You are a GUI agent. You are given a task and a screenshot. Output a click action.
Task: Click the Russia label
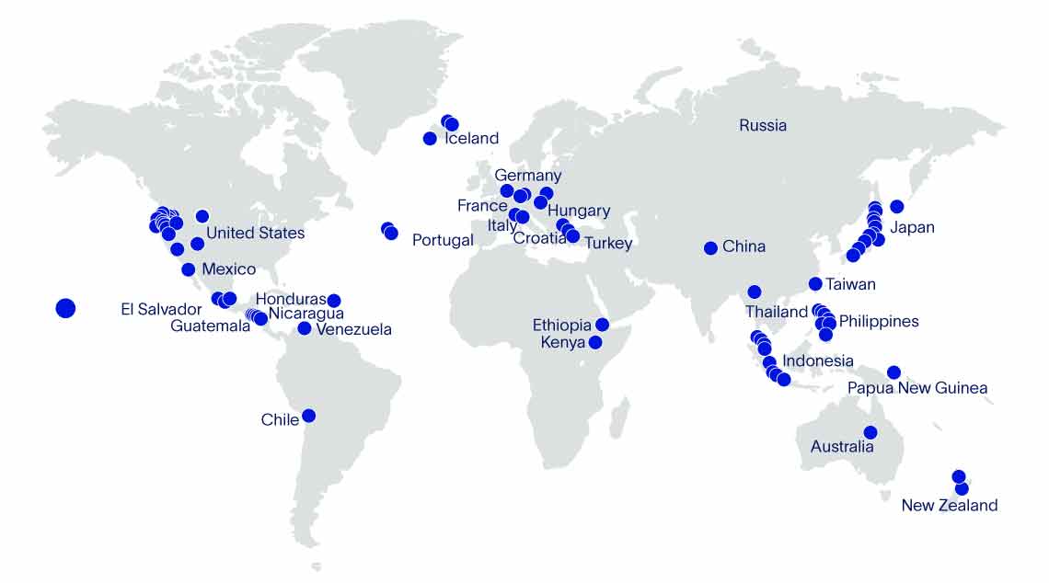click(x=763, y=125)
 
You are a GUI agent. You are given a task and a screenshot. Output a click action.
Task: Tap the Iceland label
click(x=471, y=139)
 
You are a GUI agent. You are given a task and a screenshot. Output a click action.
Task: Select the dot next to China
click(x=710, y=248)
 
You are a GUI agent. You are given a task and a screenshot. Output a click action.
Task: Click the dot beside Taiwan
click(x=815, y=284)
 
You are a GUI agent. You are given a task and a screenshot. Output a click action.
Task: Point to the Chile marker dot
click(x=308, y=416)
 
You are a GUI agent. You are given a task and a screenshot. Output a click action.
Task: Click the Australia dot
click(x=870, y=432)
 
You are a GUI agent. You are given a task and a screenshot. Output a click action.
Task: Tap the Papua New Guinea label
click(x=917, y=388)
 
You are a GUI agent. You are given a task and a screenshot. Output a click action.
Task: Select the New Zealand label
click(x=949, y=505)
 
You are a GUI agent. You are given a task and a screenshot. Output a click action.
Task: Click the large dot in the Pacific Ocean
click(x=65, y=309)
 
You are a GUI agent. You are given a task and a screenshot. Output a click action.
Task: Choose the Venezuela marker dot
click(x=305, y=328)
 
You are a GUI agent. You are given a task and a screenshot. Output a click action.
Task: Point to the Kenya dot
click(x=595, y=342)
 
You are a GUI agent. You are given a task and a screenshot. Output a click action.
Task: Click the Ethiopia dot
click(x=602, y=325)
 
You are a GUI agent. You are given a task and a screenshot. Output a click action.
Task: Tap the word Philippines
click(x=879, y=321)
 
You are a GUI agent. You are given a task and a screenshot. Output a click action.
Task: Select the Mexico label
click(x=228, y=269)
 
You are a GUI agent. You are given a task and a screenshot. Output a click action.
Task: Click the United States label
click(x=255, y=233)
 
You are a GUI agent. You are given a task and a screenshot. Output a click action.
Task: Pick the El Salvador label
click(x=161, y=309)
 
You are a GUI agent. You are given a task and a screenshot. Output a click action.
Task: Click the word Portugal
click(x=443, y=240)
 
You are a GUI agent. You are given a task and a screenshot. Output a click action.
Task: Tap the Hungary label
click(x=579, y=211)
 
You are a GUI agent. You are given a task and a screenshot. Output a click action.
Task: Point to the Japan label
click(x=913, y=227)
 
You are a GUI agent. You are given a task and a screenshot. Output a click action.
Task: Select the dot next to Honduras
click(x=334, y=301)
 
